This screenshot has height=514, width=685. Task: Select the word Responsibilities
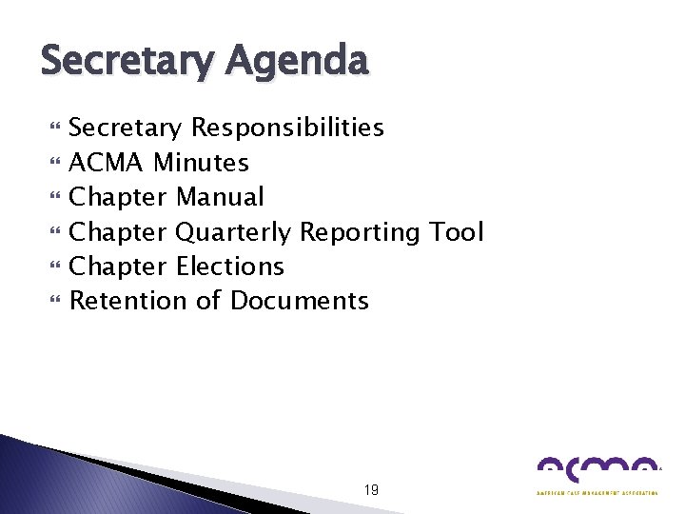[x=288, y=128]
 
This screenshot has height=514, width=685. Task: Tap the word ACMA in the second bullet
[x=108, y=163]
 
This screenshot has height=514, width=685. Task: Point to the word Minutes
[x=201, y=163]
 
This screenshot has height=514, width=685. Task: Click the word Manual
[x=221, y=197]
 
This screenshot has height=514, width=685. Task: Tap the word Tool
[x=457, y=231]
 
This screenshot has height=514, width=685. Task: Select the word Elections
[x=230, y=267]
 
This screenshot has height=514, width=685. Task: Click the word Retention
[x=128, y=301]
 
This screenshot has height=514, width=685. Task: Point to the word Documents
[x=300, y=301]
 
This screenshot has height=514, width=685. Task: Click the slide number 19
[x=371, y=490]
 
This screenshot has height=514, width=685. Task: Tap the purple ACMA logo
[x=597, y=470]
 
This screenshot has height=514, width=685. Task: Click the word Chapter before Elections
[x=119, y=267]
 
